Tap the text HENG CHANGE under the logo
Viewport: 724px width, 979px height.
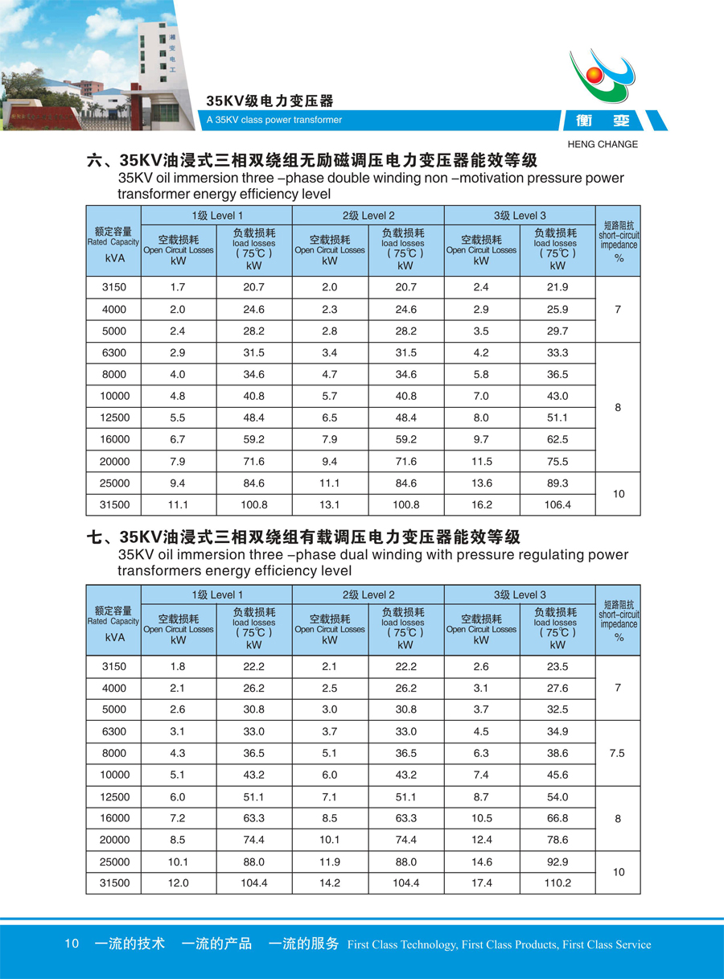pyautogui.click(x=603, y=145)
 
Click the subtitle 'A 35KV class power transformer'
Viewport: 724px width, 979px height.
pyautogui.click(x=274, y=120)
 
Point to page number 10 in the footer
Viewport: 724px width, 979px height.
pyautogui.click(x=72, y=944)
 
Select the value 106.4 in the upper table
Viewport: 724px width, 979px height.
pyautogui.click(x=557, y=504)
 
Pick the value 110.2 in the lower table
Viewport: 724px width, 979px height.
pyautogui.click(x=557, y=882)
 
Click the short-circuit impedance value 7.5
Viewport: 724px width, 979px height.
pyautogui.click(x=618, y=754)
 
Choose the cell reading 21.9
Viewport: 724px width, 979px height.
pyautogui.click(x=557, y=287)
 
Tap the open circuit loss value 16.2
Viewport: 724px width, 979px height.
pyautogui.click(x=481, y=504)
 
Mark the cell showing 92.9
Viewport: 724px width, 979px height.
pyautogui.click(x=557, y=862)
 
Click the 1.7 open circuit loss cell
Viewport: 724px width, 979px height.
pyautogui.click(x=178, y=287)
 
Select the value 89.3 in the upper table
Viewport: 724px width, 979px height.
pyautogui.click(x=557, y=483)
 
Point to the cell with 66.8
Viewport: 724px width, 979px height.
pyautogui.click(x=557, y=818)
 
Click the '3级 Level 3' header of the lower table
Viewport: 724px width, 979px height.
pyautogui.click(x=519, y=594)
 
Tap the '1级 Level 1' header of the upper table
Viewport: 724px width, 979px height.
pyautogui.click(x=216, y=216)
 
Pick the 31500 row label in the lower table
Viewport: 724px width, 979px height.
pyautogui.click(x=113, y=882)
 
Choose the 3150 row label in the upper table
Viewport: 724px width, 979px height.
pyautogui.click(x=113, y=287)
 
